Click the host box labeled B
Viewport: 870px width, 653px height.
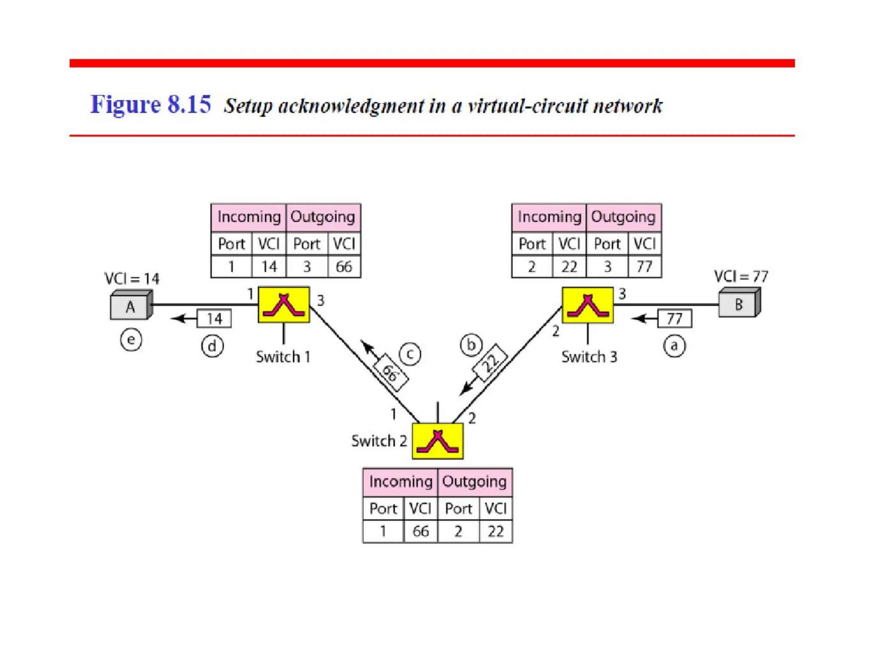point(739,304)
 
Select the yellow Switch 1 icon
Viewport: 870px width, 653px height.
point(284,305)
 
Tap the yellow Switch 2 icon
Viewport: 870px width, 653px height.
point(438,441)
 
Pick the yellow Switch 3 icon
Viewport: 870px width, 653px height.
point(588,305)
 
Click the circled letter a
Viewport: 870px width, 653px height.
point(674,346)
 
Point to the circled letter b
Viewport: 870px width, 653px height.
point(471,345)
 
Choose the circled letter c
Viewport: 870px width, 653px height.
point(410,354)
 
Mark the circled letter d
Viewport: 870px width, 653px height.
point(212,346)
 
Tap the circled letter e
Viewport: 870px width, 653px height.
point(131,340)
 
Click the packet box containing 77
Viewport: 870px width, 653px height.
point(675,318)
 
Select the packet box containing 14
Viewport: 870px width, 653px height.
point(214,319)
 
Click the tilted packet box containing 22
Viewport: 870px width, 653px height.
point(491,363)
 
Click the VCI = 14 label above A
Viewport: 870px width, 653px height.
point(132,279)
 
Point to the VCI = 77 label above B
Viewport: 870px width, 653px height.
point(741,277)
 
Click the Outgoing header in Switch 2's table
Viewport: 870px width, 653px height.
point(475,482)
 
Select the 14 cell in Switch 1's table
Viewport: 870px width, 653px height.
point(269,267)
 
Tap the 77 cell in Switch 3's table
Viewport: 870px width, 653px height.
point(644,267)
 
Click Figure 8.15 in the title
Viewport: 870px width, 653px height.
point(151,105)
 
